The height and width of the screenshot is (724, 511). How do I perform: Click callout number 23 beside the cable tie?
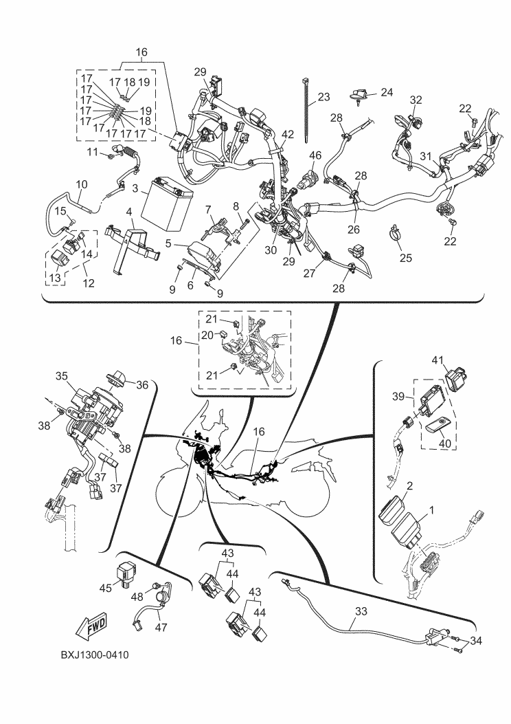(x=323, y=97)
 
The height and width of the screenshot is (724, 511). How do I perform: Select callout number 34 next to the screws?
(x=476, y=640)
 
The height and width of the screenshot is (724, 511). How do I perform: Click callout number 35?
(x=62, y=376)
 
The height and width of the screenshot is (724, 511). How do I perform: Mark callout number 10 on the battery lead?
(x=81, y=184)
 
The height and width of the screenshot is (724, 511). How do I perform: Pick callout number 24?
(x=387, y=91)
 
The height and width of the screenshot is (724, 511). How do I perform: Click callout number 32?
(x=416, y=100)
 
